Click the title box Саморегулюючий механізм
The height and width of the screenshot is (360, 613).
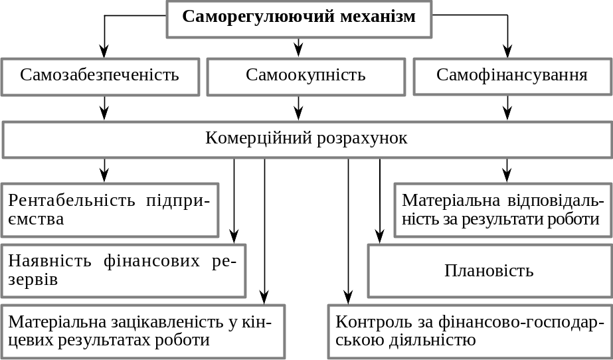click(299, 19)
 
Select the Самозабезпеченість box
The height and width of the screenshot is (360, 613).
click(100, 76)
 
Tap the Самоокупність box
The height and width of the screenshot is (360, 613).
click(306, 76)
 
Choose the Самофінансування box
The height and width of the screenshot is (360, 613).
click(513, 76)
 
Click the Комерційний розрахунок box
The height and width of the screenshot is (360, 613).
click(307, 139)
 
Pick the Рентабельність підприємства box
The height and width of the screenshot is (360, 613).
click(110, 210)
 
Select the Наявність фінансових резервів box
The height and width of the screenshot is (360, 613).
click(123, 270)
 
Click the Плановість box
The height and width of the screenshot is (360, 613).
click(490, 270)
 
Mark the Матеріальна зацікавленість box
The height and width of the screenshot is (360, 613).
click(143, 331)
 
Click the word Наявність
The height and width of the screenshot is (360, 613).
click(50, 261)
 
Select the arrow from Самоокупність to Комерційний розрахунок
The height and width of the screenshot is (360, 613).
click(299, 108)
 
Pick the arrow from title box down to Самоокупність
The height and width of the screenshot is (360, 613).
click(299, 48)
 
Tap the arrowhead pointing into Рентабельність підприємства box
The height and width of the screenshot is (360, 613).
click(104, 175)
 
